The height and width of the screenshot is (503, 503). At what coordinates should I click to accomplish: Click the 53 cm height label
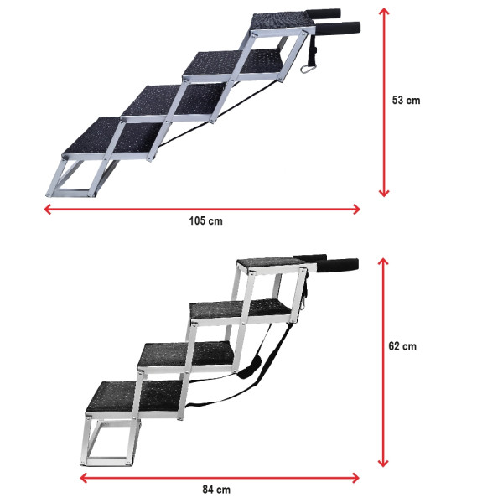pyautogui.click(x=406, y=100)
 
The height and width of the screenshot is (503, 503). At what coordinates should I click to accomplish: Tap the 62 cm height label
pyautogui.click(x=406, y=345)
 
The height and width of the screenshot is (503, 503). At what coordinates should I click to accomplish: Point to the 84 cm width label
pyautogui.click(x=216, y=489)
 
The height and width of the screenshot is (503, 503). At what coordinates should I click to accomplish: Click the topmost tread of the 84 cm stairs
pyautogui.click(x=270, y=265)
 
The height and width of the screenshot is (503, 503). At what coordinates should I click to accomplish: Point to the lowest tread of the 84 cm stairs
pyautogui.click(x=132, y=397)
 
